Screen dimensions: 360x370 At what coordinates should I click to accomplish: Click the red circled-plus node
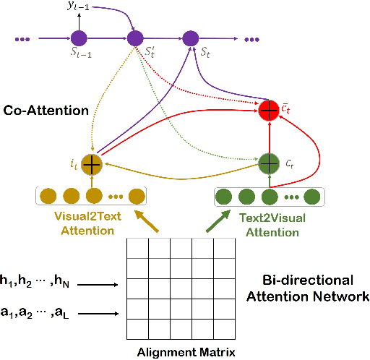coord(269,109)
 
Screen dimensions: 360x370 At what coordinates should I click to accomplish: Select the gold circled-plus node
coord(92,165)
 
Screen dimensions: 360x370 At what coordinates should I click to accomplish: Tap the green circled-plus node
coord(269,163)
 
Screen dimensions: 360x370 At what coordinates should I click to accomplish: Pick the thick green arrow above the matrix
coord(217,222)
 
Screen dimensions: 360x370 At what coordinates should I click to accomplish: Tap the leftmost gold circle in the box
coord(48,196)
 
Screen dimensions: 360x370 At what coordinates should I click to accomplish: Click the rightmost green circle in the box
coord(313,196)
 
